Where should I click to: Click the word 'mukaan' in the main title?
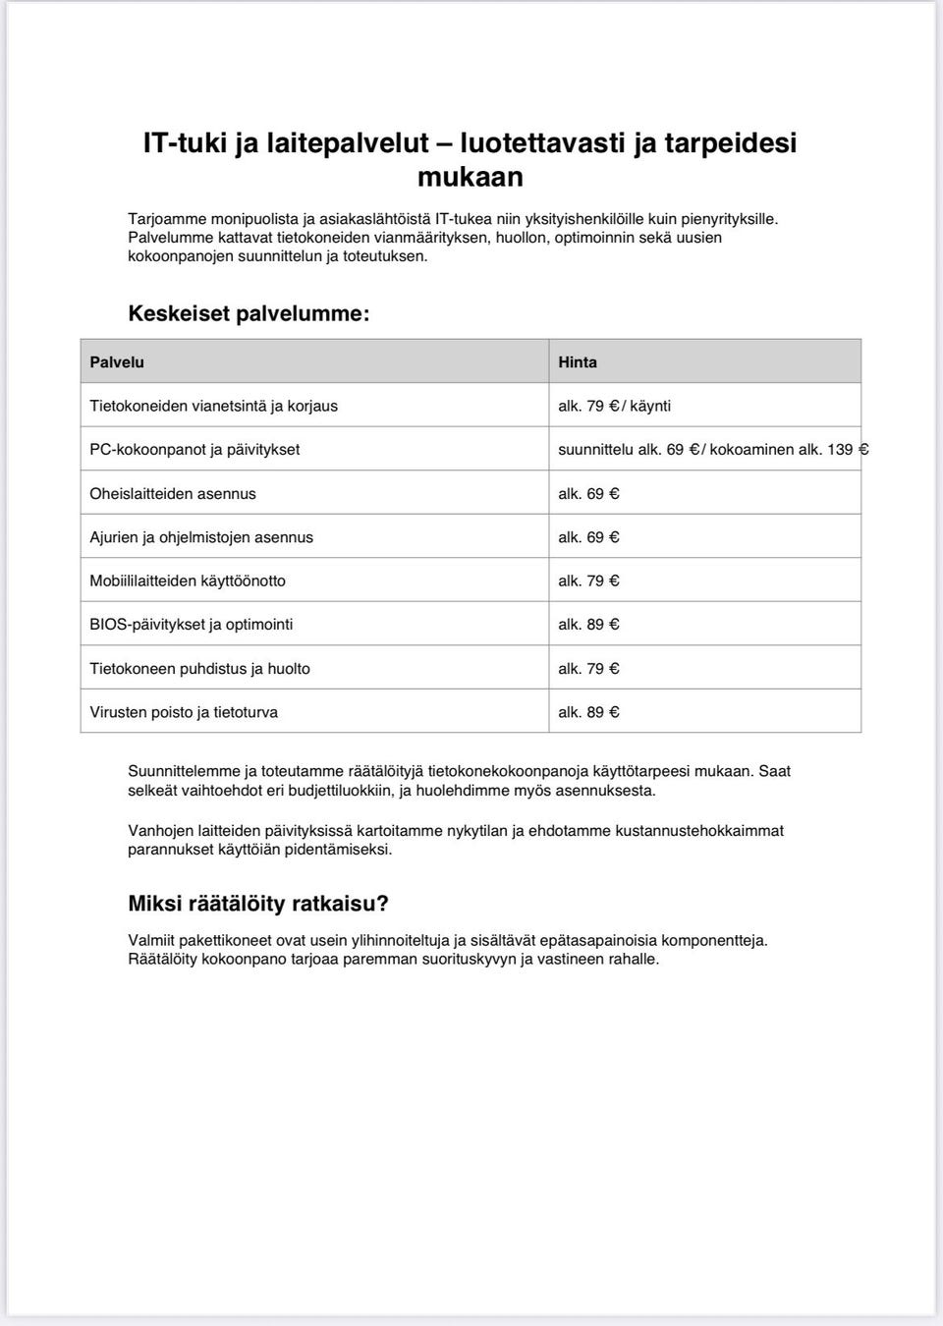470,177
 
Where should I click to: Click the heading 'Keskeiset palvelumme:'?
249,314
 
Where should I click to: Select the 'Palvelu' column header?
117,362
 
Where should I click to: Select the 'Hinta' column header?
578,362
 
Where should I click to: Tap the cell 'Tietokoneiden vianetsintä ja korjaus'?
213,406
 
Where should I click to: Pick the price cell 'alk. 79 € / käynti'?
614,406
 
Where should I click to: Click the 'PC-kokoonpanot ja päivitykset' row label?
194,450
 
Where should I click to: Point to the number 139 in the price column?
840,450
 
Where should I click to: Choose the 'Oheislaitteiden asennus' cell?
173,494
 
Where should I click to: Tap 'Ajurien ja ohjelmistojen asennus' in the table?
201,537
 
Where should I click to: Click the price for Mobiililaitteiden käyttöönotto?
588,581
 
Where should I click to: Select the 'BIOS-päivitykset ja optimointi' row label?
192,625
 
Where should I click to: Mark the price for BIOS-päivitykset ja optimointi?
588,625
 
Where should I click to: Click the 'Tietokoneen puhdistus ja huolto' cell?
199,669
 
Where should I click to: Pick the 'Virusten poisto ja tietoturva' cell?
184,712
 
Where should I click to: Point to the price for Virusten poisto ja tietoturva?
588,712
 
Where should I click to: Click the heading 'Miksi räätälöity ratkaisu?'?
258,904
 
